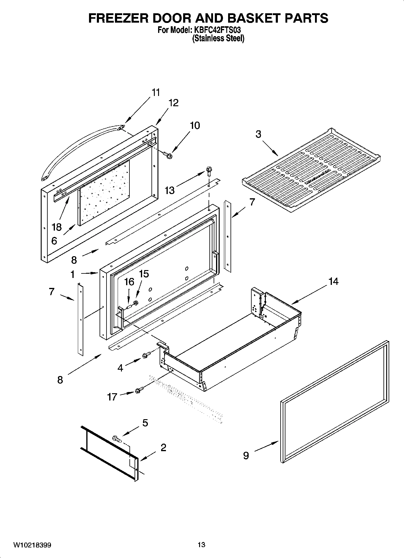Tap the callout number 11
(156, 92)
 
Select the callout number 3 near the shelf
(258, 134)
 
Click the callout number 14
(333, 282)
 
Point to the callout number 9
(246, 455)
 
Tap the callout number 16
(129, 282)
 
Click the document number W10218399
(32, 545)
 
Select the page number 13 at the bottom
(202, 545)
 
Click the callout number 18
(57, 227)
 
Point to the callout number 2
(163, 448)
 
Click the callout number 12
(173, 103)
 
